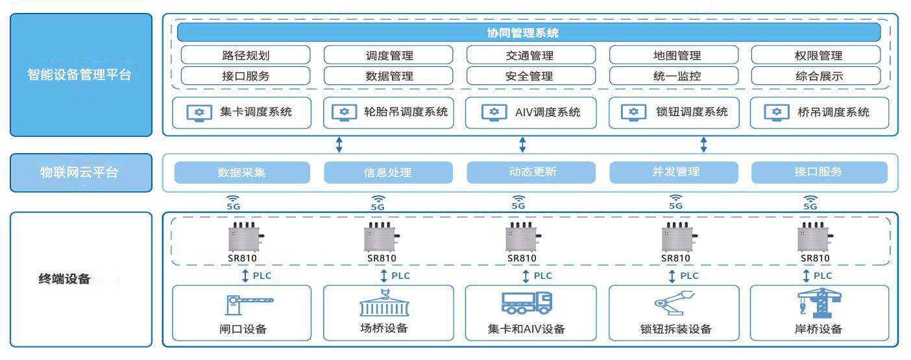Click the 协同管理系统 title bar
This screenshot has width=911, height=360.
[528, 32]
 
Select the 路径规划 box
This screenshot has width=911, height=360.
[245, 55]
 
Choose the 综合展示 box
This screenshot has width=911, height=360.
[816, 76]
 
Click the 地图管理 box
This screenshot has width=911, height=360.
[674, 55]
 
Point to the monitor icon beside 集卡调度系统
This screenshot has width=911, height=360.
[199, 112]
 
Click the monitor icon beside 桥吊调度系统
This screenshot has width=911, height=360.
[776, 112]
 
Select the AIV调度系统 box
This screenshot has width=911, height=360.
[531, 112]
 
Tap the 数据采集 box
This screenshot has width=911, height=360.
[241, 173]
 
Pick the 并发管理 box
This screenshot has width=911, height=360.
[674, 173]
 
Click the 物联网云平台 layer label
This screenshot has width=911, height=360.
[80, 173]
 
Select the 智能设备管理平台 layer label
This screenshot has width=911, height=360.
[80, 75]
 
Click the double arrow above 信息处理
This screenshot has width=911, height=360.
[339, 144]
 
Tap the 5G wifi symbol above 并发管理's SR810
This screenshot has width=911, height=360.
[675, 200]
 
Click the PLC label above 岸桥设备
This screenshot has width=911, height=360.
[822, 276]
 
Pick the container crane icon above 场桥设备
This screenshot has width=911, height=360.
[384, 303]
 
